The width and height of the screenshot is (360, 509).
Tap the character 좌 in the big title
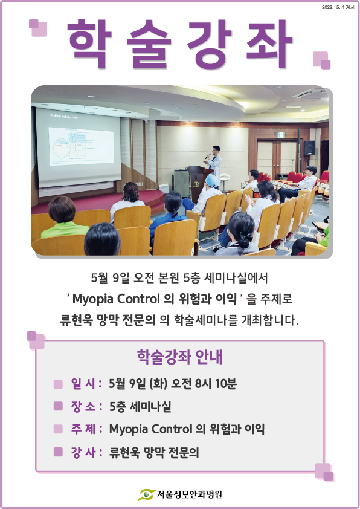pyautogui.click(x=270, y=44)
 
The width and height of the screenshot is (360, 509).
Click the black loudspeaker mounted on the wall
pyautogui.click(x=309, y=148)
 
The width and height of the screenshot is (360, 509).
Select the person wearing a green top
pyautogui.click(x=63, y=218)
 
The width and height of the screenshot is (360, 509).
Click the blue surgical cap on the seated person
pyautogui.click(x=211, y=181)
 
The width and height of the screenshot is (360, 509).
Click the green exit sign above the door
pyautogui.click(x=281, y=134)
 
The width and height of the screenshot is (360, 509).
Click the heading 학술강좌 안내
pyautogui.click(x=179, y=357)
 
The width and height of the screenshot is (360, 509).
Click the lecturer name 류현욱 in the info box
pyautogui.click(x=125, y=452)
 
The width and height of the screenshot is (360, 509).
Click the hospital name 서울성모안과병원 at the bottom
pyautogui.click(x=190, y=494)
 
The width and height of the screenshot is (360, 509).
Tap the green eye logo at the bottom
pyautogui.click(x=147, y=494)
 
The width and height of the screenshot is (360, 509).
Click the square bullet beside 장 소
pyautogui.click(x=58, y=406)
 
